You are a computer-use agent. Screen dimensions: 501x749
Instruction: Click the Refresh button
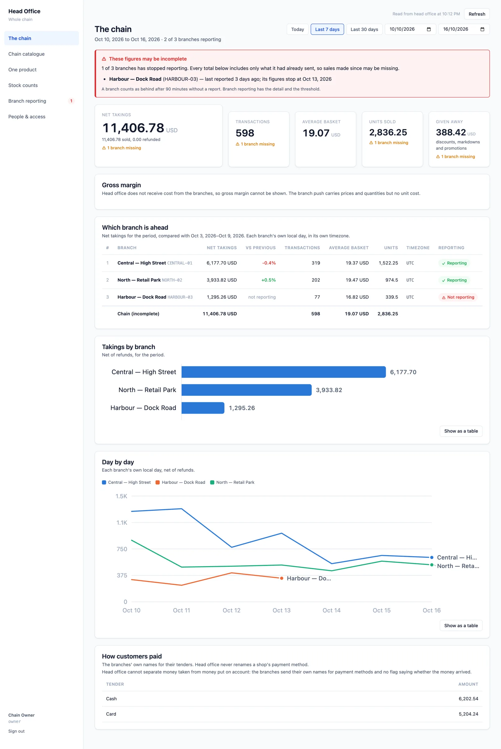(x=476, y=14)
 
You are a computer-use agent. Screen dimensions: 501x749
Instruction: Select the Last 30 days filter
(x=364, y=29)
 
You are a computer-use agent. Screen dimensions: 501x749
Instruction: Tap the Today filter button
(x=297, y=29)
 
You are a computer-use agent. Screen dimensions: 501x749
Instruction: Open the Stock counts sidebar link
(x=23, y=85)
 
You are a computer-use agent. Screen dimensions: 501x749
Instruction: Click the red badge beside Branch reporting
(x=71, y=101)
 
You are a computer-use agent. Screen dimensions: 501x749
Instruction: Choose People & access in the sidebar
(x=27, y=116)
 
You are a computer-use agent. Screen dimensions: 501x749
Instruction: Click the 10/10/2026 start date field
(x=410, y=29)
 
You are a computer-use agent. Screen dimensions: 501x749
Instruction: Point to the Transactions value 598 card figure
(x=245, y=133)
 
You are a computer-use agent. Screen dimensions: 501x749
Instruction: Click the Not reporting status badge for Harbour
(x=458, y=297)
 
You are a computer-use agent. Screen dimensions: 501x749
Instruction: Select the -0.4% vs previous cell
(x=269, y=263)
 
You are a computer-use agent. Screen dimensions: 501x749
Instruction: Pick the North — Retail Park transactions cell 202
(x=316, y=280)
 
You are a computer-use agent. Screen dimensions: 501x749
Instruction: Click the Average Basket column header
(x=349, y=248)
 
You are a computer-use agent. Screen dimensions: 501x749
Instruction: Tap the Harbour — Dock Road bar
(x=203, y=408)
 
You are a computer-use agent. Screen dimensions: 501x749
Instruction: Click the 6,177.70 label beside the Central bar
(x=403, y=372)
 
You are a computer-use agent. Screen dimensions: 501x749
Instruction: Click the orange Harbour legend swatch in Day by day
(x=158, y=482)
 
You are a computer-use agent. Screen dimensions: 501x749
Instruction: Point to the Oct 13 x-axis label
(x=281, y=610)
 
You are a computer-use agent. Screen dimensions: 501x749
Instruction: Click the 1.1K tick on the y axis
(x=122, y=522)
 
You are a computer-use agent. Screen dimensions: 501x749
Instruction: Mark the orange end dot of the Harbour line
(x=281, y=578)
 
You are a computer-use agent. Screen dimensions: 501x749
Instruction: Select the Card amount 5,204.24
(x=468, y=714)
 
